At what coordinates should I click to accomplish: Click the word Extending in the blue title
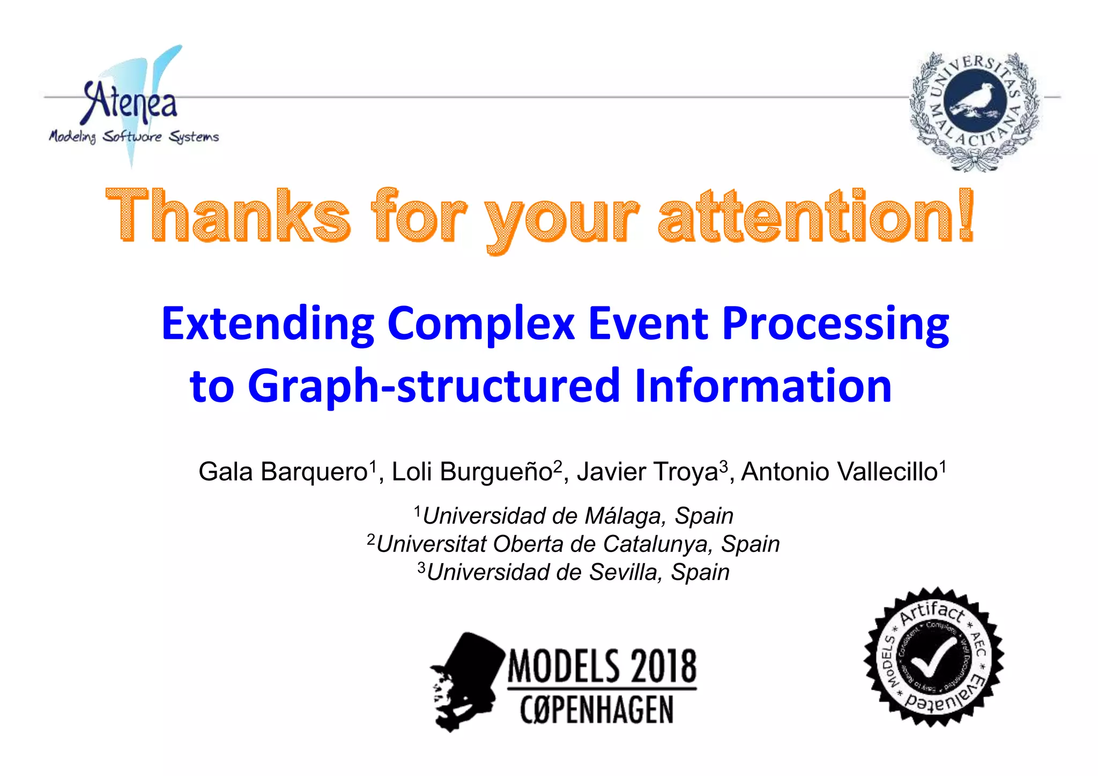[x=268, y=325]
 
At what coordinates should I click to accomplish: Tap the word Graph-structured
[x=434, y=386]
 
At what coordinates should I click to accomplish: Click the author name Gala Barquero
[x=283, y=472]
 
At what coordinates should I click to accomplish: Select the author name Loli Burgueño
[x=472, y=472]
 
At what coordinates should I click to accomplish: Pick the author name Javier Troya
[x=647, y=472]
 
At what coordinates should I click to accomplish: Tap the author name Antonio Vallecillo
[x=839, y=472]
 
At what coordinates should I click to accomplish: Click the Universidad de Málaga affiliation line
[x=577, y=516]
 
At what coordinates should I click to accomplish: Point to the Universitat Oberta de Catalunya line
[x=577, y=544]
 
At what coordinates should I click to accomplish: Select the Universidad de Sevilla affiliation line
[x=577, y=572]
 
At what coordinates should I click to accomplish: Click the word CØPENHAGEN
[x=596, y=710]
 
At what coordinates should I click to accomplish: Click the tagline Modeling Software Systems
[x=134, y=137]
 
